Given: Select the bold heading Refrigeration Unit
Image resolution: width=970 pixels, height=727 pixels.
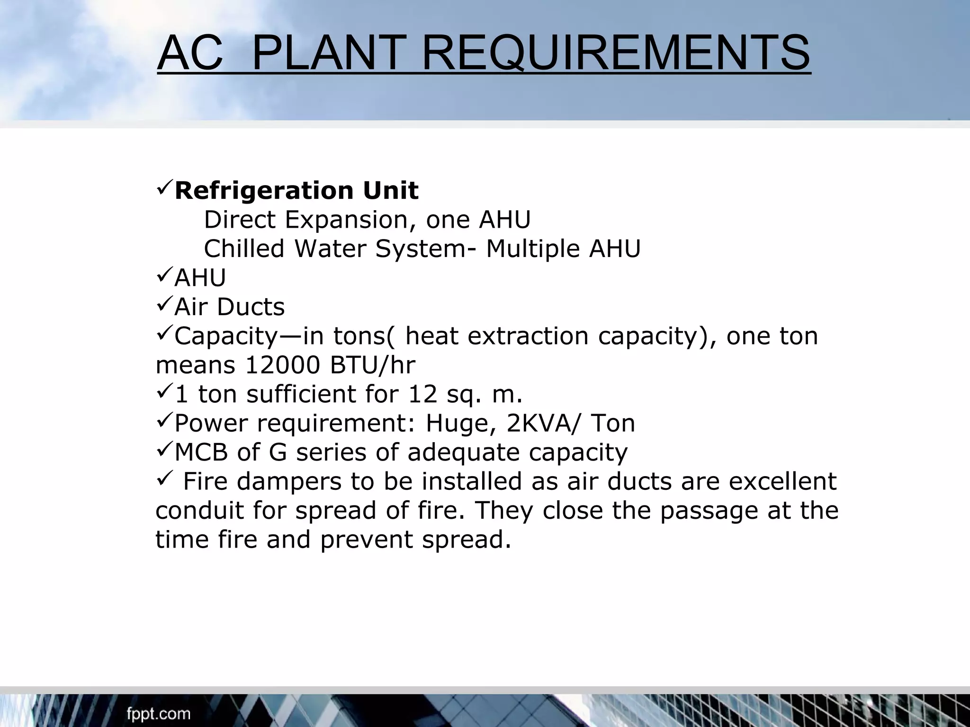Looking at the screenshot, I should (296, 191).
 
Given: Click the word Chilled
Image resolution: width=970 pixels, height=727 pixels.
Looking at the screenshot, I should (243, 249).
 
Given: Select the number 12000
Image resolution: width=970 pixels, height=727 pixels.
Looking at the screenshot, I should (282, 365).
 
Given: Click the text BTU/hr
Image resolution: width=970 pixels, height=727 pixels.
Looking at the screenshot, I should (372, 365).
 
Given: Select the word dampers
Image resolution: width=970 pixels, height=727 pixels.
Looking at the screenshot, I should (289, 482).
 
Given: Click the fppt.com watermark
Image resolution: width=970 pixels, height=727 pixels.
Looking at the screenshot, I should (158, 714).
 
